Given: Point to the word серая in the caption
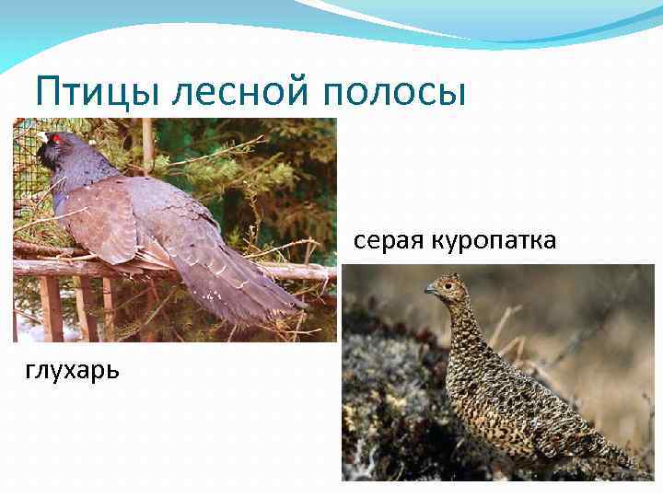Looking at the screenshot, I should (386, 241).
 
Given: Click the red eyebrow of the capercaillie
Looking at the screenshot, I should (54, 138).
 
